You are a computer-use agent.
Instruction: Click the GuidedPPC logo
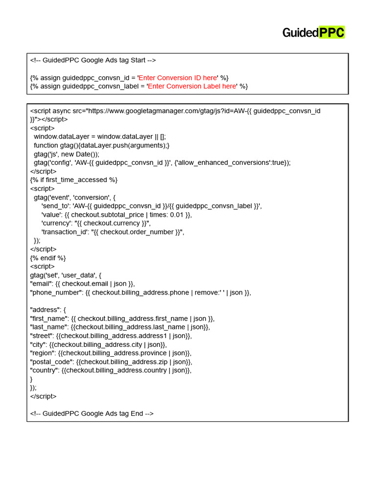[x=313, y=33]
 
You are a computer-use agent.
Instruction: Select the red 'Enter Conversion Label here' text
[x=192, y=86]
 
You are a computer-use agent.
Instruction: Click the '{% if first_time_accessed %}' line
[x=73, y=180]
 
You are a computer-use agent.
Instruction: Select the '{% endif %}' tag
[x=47, y=258]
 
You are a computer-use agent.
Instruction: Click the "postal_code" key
[x=51, y=362]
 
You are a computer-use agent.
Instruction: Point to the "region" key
[x=43, y=353]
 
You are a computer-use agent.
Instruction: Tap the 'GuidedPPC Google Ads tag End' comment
[x=92, y=413]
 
